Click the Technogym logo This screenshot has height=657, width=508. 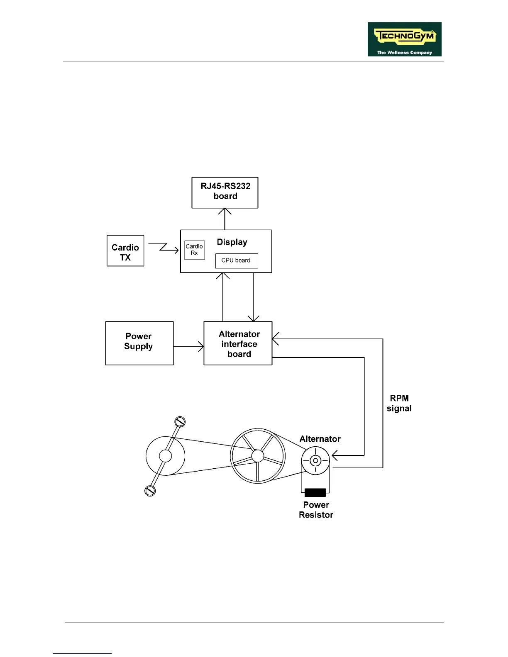(404, 39)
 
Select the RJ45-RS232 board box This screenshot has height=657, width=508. (225, 192)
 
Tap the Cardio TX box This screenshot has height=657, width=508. (125, 251)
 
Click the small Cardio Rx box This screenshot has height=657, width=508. (194, 250)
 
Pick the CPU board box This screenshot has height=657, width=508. (236, 261)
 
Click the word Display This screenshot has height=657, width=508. (232, 242)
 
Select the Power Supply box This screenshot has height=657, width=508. (139, 343)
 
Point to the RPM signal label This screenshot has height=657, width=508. (399, 403)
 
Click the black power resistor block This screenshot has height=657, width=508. (315, 493)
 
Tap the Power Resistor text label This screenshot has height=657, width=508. (316, 510)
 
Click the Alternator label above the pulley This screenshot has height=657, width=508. (320, 439)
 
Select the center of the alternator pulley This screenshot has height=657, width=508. (315, 460)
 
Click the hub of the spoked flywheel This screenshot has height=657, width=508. (257, 456)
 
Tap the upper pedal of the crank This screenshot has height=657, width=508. (180, 422)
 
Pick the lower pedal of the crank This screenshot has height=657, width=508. (150, 491)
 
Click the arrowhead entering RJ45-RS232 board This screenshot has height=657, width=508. (225, 211)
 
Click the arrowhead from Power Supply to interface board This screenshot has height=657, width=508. (201, 346)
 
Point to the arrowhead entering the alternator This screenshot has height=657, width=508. (335, 455)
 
